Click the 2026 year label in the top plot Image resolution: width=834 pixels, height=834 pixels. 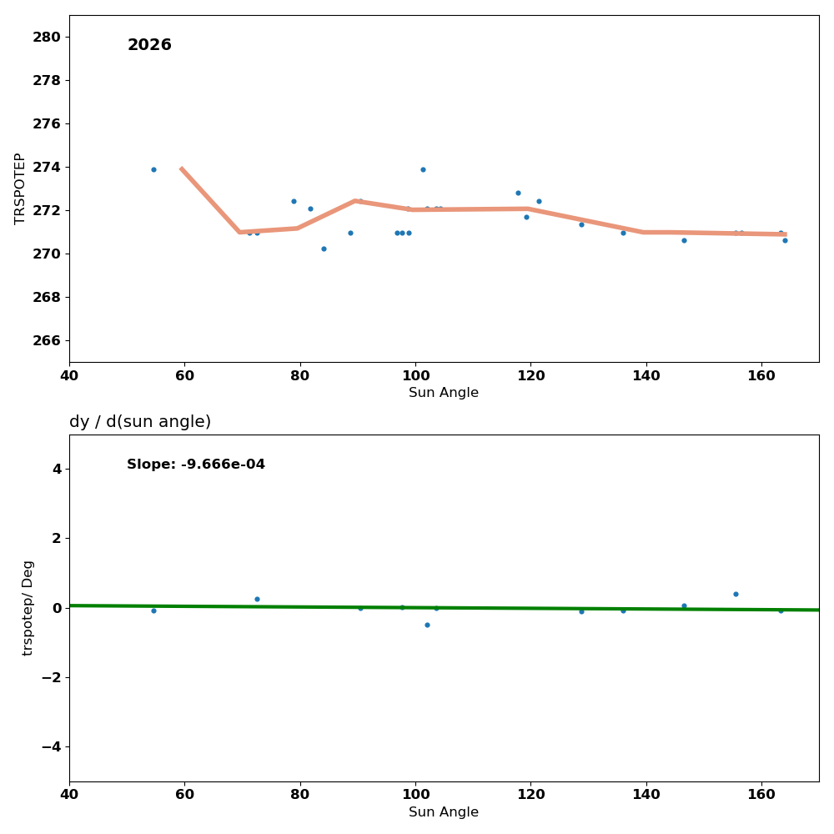(x=149, y=45)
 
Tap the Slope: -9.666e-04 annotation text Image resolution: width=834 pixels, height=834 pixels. (x=196, y=465)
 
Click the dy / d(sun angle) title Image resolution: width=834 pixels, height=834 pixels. (x=140, y=422)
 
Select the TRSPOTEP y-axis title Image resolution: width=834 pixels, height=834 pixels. (x=21, y=188)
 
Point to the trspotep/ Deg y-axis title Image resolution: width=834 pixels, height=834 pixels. (x=28, y=608)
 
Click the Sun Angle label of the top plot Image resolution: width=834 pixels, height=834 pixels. (x=444, y=393)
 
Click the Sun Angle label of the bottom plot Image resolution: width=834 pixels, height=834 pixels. (x=444, y=812)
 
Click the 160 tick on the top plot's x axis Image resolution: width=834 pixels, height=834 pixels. (x=761, y=376)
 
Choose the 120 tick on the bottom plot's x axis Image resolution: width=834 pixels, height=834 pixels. (x=530, y=796)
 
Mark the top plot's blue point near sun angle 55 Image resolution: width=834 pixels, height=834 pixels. (x=153, y=169)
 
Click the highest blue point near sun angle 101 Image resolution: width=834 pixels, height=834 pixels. (x=423, y=169)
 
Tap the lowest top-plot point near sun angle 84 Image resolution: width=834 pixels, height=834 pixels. (x=324, y=249)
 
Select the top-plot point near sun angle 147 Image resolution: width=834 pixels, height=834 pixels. (x=684, y=240)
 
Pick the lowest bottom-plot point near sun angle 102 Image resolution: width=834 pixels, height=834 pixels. (x=427, y=625)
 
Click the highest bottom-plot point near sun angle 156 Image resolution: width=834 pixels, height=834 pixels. (x=736, y=594)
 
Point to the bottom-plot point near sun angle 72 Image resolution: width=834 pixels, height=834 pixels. (x=257, y=599)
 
